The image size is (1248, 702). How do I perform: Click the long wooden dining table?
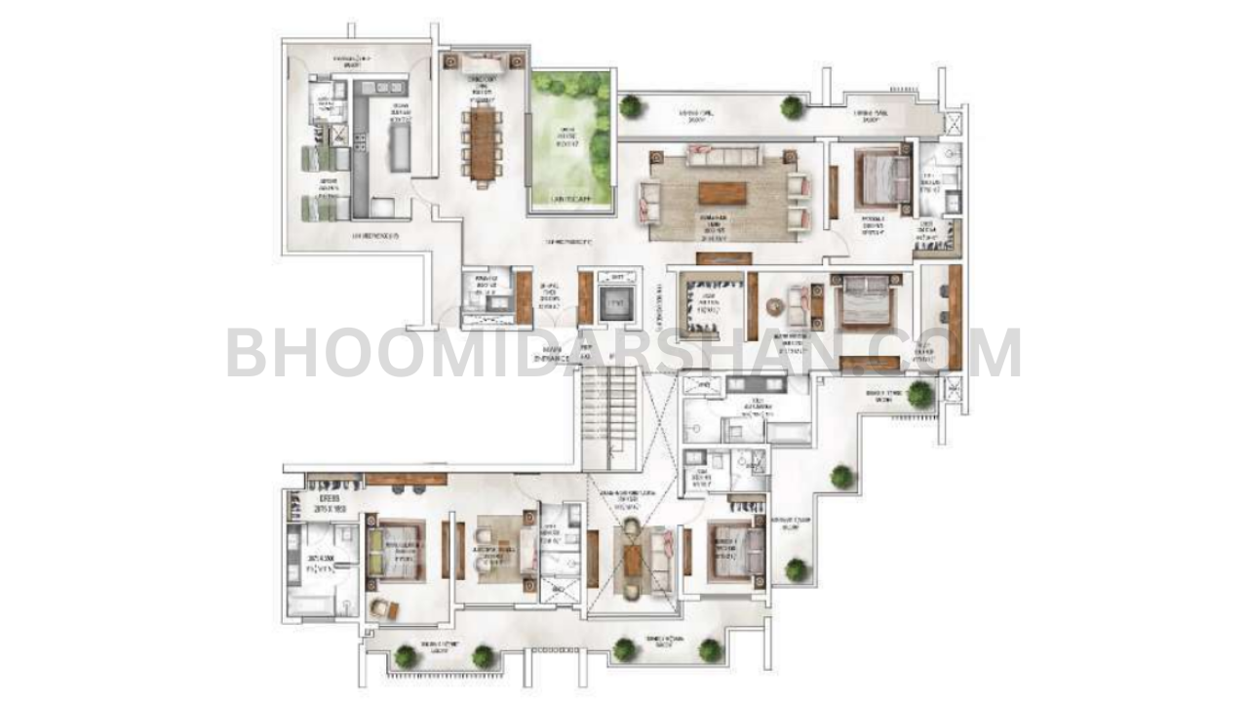[482, 143]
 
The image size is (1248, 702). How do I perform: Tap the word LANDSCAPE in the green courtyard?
[571, 199]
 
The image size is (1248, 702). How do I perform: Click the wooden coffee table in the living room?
[722, 192]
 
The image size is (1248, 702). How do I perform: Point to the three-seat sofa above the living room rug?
[721, 154]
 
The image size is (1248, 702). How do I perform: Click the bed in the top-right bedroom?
[883, 176]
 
